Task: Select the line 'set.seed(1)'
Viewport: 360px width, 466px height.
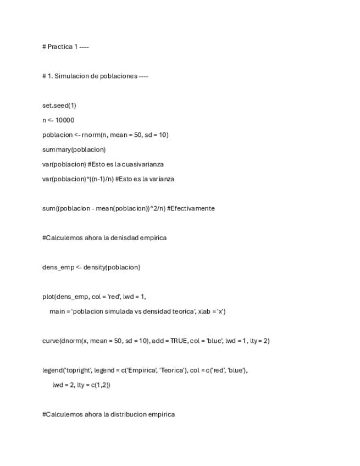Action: (59, 106)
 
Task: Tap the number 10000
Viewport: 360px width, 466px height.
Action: (65, 120)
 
